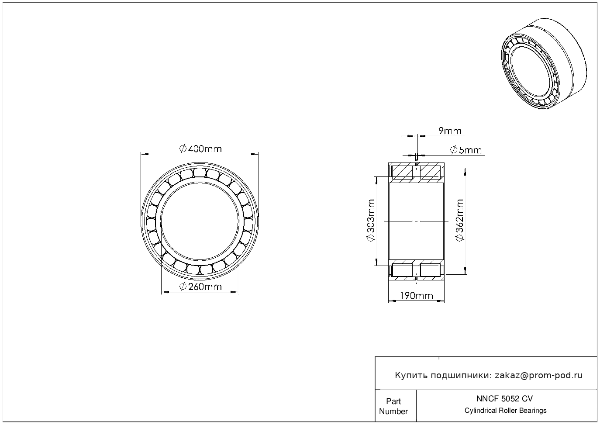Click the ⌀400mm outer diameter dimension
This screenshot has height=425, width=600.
[x=200, y=149]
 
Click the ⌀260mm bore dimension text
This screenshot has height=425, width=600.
[x=200, y=287]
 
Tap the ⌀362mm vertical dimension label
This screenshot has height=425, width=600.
[x=460, y=220]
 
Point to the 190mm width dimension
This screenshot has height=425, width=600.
[x=417, y=296]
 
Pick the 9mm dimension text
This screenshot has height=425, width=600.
[x=450, y=131]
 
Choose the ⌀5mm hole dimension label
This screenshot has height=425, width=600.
[x=466, y=150]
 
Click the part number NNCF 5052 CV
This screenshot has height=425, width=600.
[x=504, y=399]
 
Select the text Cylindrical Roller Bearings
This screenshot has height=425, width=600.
[x=505, y=411]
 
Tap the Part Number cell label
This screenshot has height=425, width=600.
[x=393, y=406]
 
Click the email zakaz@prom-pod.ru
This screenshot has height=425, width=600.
[x=538, y=376]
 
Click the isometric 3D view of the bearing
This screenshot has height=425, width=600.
[x=544, y=64]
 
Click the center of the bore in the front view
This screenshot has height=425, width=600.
[x=200, y=221]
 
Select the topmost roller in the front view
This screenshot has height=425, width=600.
[x=200, y=173]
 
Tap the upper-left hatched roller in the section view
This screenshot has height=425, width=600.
[x=402, y=173]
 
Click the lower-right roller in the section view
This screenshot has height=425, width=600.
[x=430, y=270]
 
